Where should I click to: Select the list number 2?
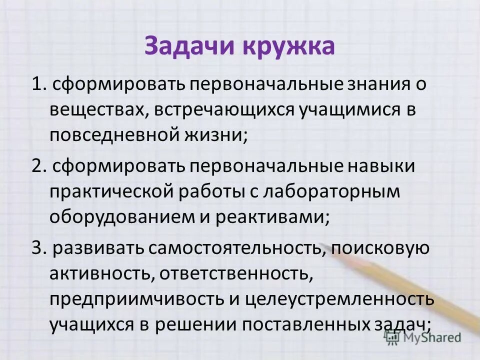(x=35, y=166)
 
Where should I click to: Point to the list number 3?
(x=35, y=248)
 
